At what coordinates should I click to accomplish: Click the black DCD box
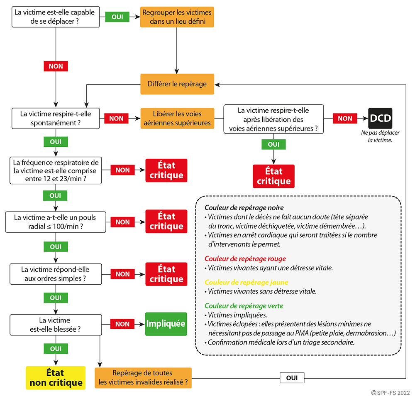click(x=380, y=118)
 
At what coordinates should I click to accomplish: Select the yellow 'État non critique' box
click(x=56, y=378)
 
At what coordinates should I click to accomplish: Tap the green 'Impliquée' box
click(x=166, y=324)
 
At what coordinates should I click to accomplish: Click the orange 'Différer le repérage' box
click(x=177, y=84)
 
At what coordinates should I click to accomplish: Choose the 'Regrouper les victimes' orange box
click(x=177, y=17)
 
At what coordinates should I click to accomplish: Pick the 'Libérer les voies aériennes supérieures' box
click(x=177, y=118)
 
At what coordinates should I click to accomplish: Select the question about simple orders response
click(x=56, y=274)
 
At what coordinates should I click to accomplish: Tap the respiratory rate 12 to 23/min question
click(x=56, y=170)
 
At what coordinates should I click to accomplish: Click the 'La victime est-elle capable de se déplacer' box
click(x=55, y=17)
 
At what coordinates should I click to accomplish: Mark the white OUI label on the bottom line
click(x=292, y=378)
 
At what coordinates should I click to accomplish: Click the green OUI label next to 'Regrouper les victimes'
click(x=117, y=17)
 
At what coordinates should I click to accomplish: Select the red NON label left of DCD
click(x=345, y=118)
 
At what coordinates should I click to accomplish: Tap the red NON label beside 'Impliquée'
click(x=122, y=324)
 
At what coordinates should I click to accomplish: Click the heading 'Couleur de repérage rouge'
click(x=245, y=259)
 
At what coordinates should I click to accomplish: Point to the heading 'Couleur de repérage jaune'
click(x=247, y=283)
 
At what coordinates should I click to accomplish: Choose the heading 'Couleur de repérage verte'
click(x=244, y=306)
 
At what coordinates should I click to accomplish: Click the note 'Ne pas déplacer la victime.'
click(x=380, y=136)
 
